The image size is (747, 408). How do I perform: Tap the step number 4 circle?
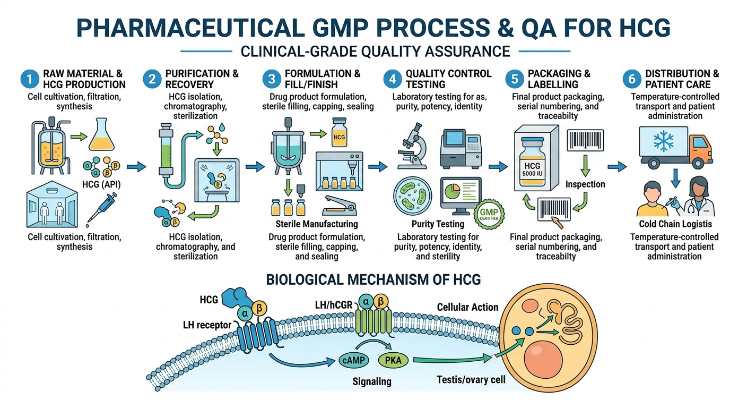pyautogui.click(x=393, y=80)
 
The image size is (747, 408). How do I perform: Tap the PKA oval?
pyautogui.click(x=393, y=361)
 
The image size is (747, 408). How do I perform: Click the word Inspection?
pyautogui.click(x=585, y=184)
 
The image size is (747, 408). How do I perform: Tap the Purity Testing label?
pyautogui.click(x=438, y=224)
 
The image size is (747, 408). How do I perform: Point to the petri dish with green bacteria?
pyautogui.click(x=413, y=197)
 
